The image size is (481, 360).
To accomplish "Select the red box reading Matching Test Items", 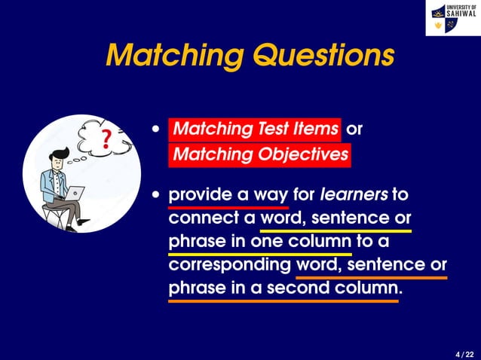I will click(x=255, y=129).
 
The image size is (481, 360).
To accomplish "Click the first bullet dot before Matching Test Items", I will click(x=156, y=130).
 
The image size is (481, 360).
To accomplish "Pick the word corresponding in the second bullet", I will click(x=230, y=265).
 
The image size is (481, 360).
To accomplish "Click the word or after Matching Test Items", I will click(x=354, y=129).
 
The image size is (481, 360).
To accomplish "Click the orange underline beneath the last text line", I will click(x=283, y=301).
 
